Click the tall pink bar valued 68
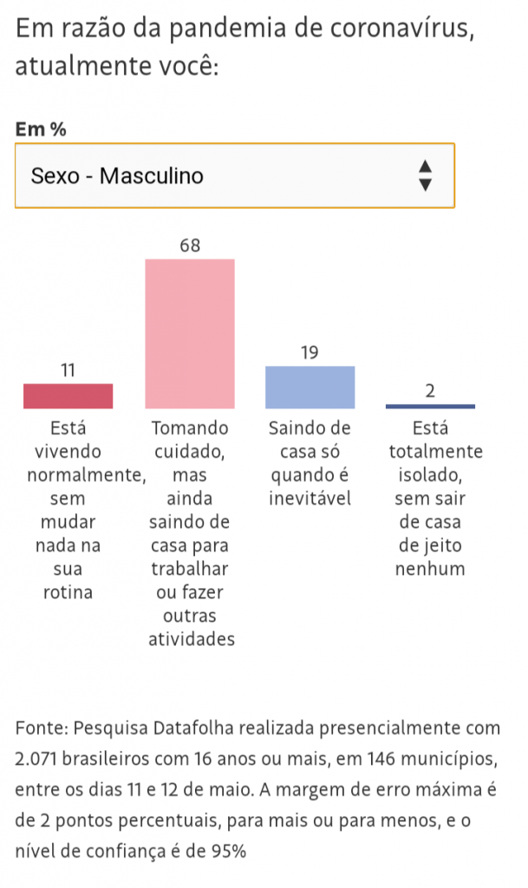pos(190,334)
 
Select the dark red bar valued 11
pos(68,396)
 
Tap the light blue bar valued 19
pos(310,387)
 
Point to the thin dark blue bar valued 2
pos(430,406)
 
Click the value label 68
pos(190,246)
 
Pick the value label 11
pos(68,371)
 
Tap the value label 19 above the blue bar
pos(310,353)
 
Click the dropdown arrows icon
pos(425,175)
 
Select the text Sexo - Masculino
pos(117,176)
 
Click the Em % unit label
pos(41,129)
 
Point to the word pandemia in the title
pos(217,29)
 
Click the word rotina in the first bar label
pos(68,593)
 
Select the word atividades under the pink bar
pos(190,640)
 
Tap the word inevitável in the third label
pos(310,499)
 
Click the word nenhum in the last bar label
pos(430,570)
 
